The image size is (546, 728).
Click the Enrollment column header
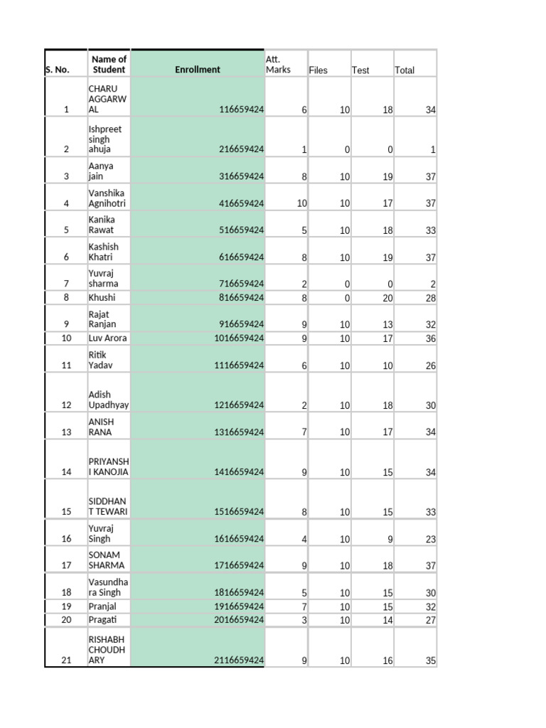coord(197,70)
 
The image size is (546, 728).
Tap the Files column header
coord(318,70)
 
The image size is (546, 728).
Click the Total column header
coord(405,70)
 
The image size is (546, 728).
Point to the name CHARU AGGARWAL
coord(107,99)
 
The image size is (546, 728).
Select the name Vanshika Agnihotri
coord(107,198)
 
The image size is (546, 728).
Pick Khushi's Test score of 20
coord(387,298)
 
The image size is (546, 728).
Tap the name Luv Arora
coord(107,338)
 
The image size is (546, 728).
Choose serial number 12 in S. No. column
coord(67,405)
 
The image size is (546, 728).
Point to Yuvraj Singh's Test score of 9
coord(390,540)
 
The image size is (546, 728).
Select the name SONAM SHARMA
coord(107,560)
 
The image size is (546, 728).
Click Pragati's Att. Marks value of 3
coord(304,620)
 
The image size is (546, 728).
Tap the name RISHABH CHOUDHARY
coord(107,650)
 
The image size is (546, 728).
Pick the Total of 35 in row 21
coord(430,660)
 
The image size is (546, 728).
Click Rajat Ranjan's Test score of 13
coord(387,324)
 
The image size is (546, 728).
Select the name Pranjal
coord(102,606)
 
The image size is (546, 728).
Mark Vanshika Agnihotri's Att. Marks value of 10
coord(301,203)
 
